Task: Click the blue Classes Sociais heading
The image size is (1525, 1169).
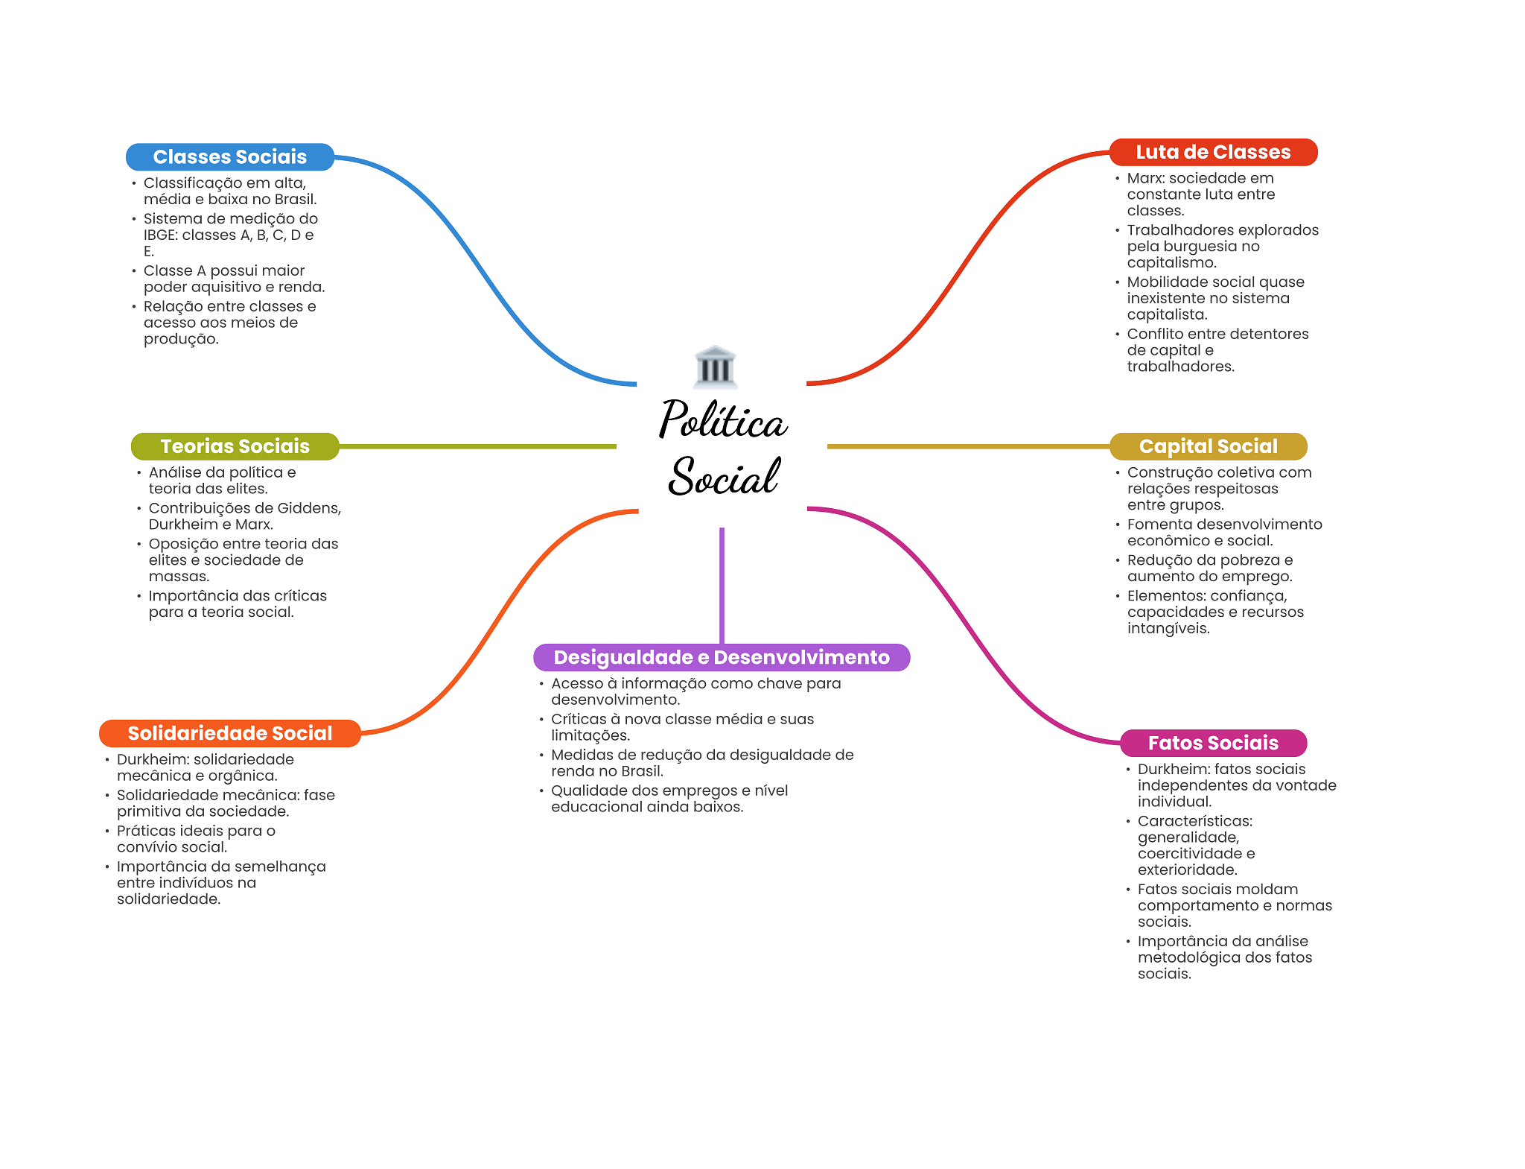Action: tap(230, 156)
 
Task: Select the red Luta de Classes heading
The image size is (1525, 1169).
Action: tap(1213, 152)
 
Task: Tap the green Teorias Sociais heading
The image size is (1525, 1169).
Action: tap(235, 446)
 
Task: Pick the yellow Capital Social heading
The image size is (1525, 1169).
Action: tap(1208, 446)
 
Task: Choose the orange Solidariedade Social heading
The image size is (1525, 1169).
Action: tap(229, 733)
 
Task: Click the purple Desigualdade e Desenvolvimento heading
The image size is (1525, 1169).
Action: tap(722, 657)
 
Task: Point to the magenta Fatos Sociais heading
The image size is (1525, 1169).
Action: tap(1213, 743)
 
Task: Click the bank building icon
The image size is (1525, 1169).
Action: tap(715, 367)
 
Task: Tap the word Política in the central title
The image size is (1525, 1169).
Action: tap(723, 420)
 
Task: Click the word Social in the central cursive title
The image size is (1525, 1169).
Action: tap(724, 477)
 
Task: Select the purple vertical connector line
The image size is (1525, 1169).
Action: tap(722, 586)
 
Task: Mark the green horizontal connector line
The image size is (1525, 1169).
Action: tap(477, 446)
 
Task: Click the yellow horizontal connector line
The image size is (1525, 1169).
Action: tap(968, 446)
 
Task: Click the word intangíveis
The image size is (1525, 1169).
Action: tap(1168, 629)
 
